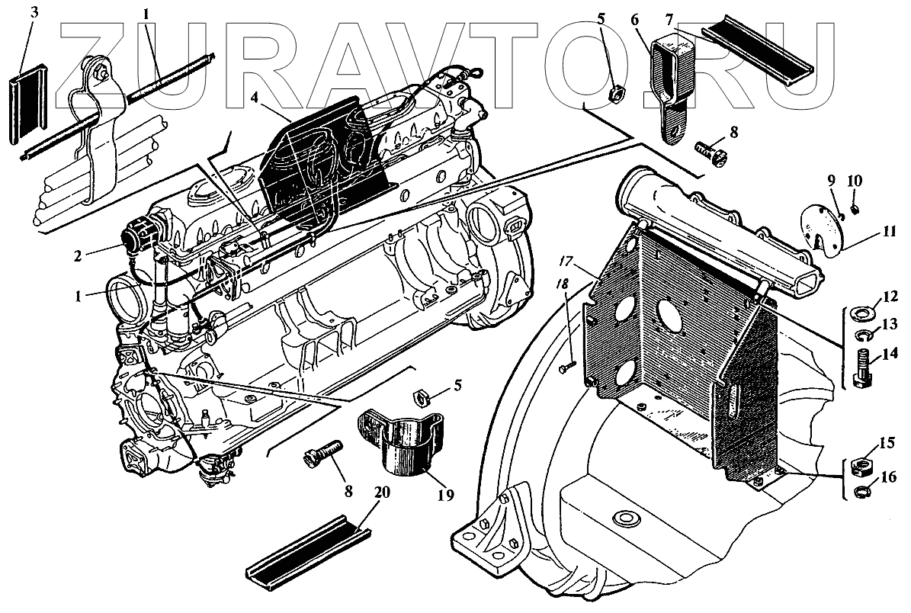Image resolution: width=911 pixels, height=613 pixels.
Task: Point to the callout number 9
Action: coord(832,180)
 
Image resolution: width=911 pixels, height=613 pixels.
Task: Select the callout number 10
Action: coord(854,180)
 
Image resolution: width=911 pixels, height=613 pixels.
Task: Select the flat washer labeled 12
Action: coord(861,313)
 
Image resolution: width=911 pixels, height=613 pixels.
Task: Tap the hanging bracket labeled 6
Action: coord(671,84)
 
